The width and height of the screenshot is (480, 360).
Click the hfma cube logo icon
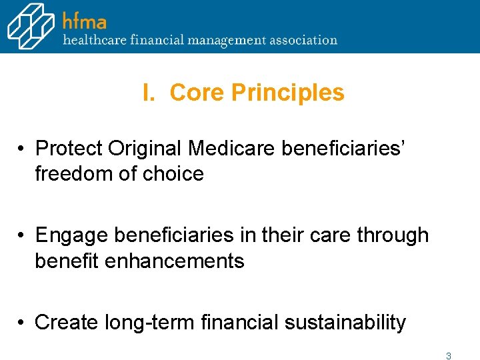(31, 25)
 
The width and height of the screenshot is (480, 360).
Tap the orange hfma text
(85, 21)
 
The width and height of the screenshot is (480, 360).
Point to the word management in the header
(224, 40)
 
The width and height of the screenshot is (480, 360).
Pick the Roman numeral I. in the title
(149, 93)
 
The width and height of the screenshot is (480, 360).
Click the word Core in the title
(197, 93)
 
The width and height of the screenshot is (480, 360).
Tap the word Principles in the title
(287, 93)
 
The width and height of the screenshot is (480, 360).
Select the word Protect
(69, 148)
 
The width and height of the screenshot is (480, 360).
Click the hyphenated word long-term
(149, 323)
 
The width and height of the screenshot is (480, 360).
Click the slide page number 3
(449, 356)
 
